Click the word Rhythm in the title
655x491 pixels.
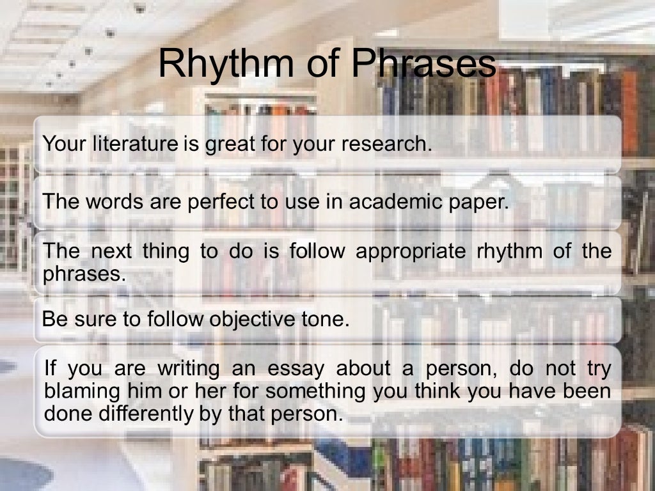tap(216, 64)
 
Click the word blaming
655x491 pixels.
tap(81, 392)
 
